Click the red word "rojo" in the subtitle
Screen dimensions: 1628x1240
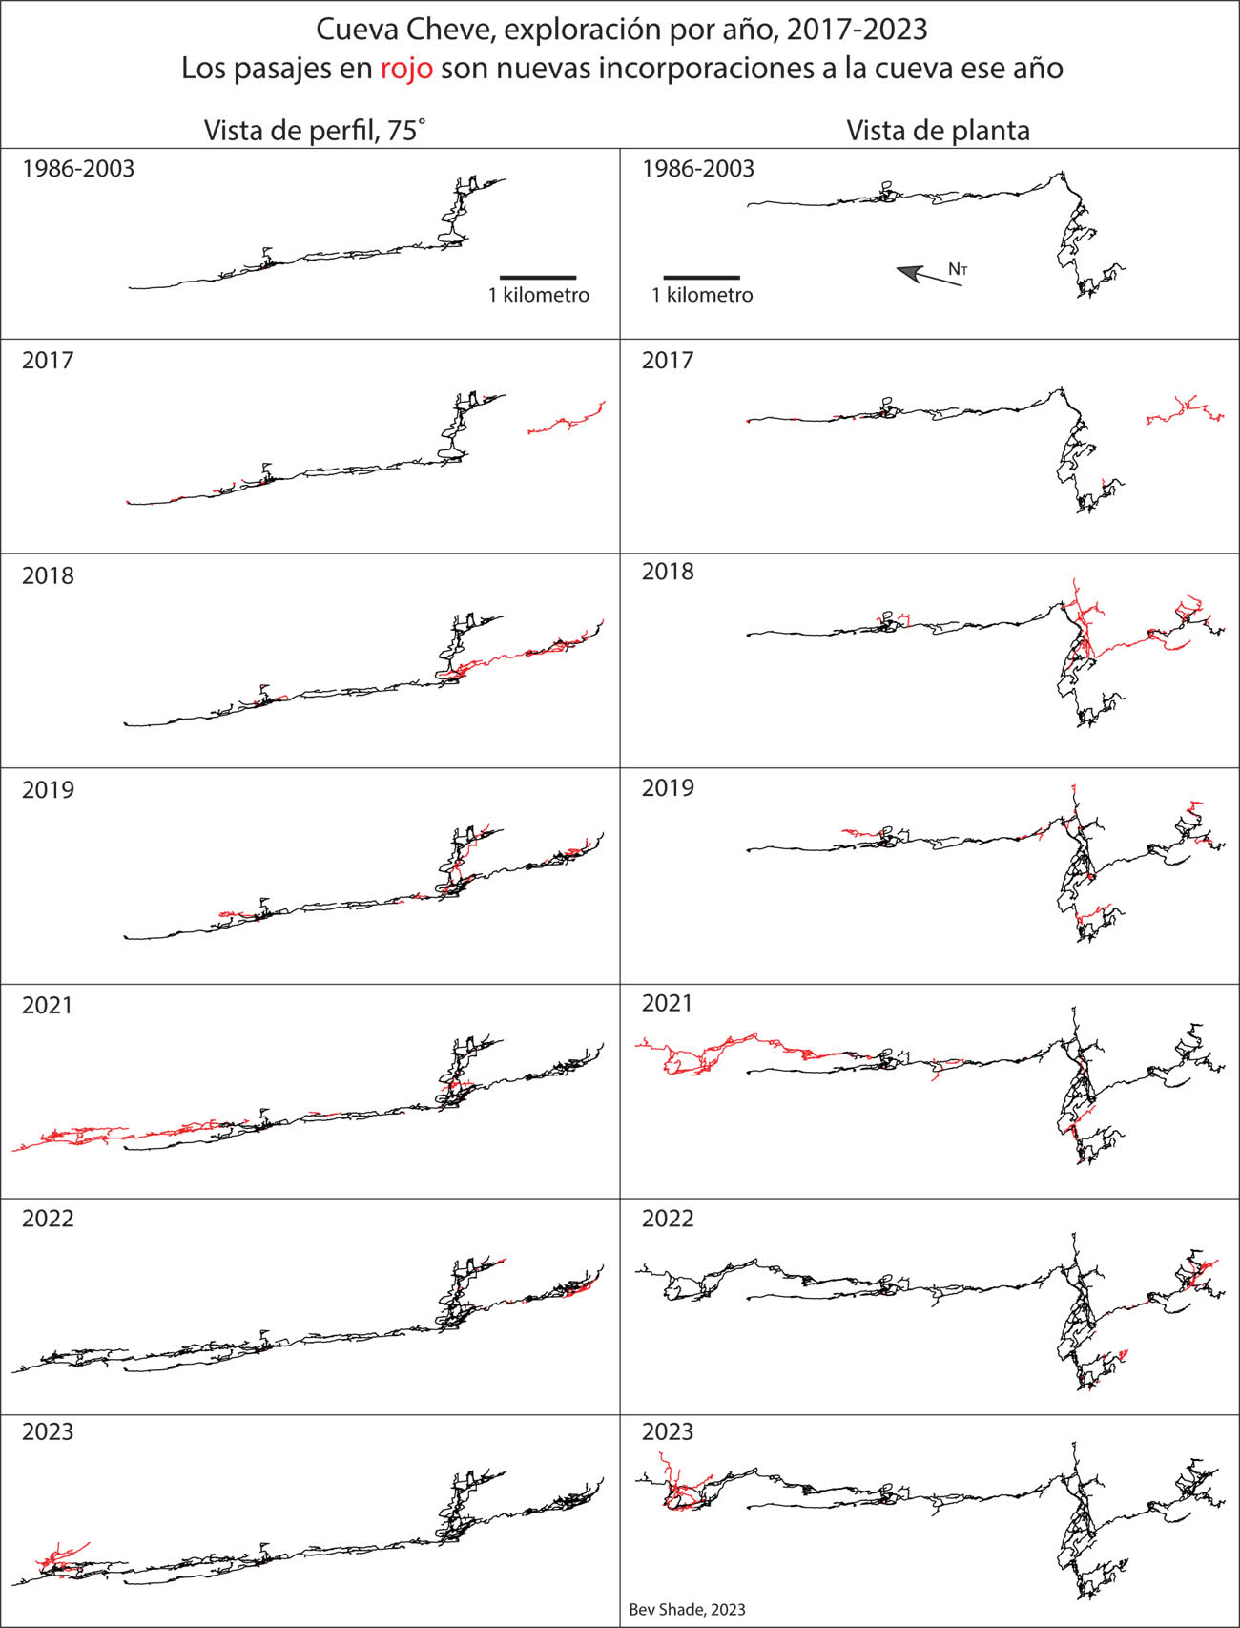point(405,69)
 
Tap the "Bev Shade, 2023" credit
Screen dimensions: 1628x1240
point(687,1609)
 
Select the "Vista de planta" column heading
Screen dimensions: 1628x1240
point(938,130)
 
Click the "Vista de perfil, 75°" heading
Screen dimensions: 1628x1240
point(315,130)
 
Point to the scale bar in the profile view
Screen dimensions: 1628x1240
point(538,277)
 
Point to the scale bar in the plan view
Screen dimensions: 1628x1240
point(701,277)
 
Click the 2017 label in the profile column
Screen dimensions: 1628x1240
point(48,361)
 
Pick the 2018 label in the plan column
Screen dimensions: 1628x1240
point(668,571)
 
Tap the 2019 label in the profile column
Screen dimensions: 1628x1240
point(48,790)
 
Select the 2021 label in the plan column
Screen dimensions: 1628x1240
point(668,1003)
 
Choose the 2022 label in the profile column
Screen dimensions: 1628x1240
point(48,1219)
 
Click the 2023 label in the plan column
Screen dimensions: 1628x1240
point(668,1431)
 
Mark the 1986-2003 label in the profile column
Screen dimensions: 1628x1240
point(78,169)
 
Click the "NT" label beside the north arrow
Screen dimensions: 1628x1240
point(958,269)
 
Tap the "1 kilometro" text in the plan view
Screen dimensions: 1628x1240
point(702,296)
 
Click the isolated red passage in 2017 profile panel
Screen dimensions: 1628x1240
point(567,421)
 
